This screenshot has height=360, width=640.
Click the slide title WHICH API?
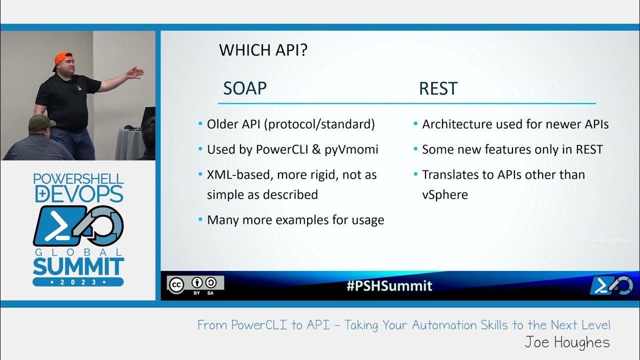(x=262, y=50)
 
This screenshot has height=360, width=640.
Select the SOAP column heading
(x=244, y=88)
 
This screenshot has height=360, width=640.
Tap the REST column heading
(x=438, y=88)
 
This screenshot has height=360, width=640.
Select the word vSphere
(x=444, y=194)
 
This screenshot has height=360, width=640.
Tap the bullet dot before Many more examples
(x=201, y=220)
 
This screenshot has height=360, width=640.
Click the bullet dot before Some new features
(x=416, y=149)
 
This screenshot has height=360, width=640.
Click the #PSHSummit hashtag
(x=389, y=286)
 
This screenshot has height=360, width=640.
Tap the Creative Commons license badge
(x=195, y=284)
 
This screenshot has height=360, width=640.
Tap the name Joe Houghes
(x=567, y=342)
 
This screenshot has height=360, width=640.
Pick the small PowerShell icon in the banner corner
(x=611, y=285)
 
